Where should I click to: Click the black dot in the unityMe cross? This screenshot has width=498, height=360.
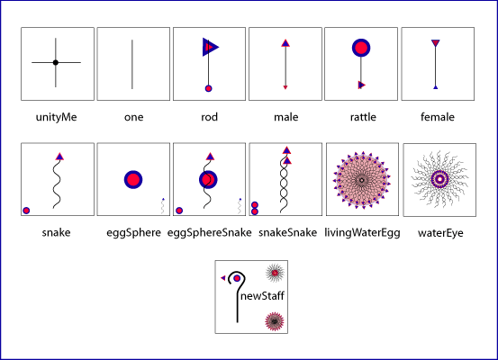pos(56,62)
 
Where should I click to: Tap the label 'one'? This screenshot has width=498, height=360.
pos(133,117)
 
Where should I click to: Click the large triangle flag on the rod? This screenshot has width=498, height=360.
pos(210,48)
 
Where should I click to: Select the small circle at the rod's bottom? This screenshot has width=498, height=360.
pos(208,88)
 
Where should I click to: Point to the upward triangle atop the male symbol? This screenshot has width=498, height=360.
pos(285,43)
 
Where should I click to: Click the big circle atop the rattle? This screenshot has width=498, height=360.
pos(361,48)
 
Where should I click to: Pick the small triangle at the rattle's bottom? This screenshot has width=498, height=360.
pos(361,85)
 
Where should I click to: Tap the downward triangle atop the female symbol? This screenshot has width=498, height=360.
pos(436,43)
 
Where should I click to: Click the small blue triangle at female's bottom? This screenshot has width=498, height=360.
pos(436,87)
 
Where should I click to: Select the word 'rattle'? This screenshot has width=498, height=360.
pos(363,117)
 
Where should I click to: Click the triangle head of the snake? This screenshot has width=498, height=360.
pos(59,157)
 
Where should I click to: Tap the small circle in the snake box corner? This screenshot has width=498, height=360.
pos(26,211)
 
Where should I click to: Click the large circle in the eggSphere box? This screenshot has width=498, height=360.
pos(133,180)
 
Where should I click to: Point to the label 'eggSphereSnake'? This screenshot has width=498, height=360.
pos(210,233)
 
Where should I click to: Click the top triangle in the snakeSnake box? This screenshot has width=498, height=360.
pos(286,150)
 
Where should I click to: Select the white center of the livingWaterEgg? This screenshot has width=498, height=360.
pos(361,180)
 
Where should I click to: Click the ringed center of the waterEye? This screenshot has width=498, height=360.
pos(439,179)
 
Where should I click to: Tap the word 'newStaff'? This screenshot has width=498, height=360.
pos(262,296)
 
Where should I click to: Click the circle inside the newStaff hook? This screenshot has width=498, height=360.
pos(237,278)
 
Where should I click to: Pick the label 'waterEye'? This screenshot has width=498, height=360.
pos(440,233)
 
